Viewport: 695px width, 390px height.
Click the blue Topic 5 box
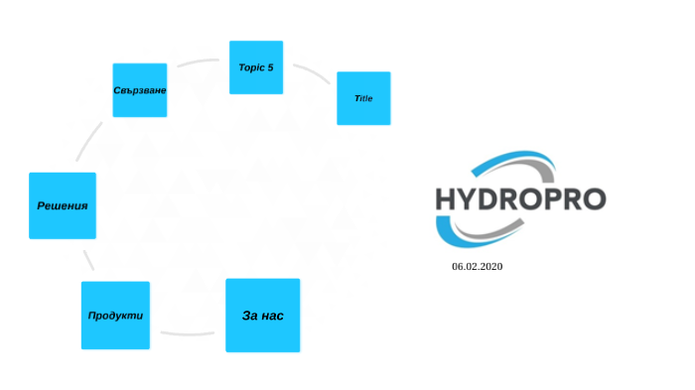pos(256,67)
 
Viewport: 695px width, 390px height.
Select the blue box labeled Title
pos(363,98)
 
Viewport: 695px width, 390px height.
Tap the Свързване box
pos(140,90)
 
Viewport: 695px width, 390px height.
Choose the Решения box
pos(63,205)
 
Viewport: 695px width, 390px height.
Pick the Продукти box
pos(115,316)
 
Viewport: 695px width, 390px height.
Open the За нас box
pos(263,316)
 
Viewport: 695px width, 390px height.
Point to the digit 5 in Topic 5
pos(270,67)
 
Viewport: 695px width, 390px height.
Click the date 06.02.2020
pos(478,267)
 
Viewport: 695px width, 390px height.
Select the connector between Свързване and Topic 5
pos(199,64)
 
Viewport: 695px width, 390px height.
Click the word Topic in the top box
pos(250,67)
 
